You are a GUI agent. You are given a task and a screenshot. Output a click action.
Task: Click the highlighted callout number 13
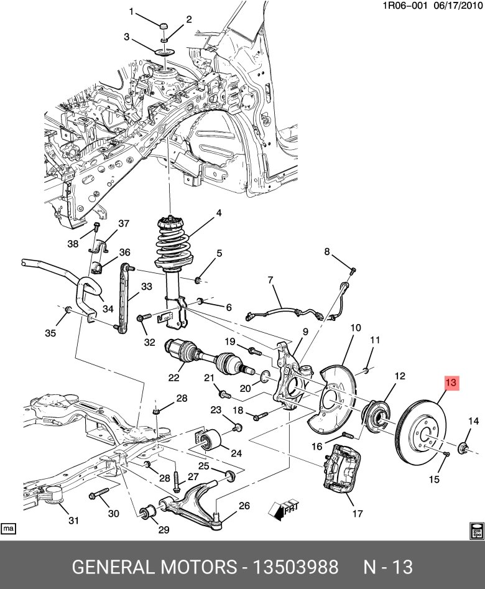tap(451, 383)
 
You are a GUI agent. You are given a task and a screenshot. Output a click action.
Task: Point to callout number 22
tap(173, 377)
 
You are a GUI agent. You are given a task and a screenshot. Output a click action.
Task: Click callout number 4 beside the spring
tap(219, 213)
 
